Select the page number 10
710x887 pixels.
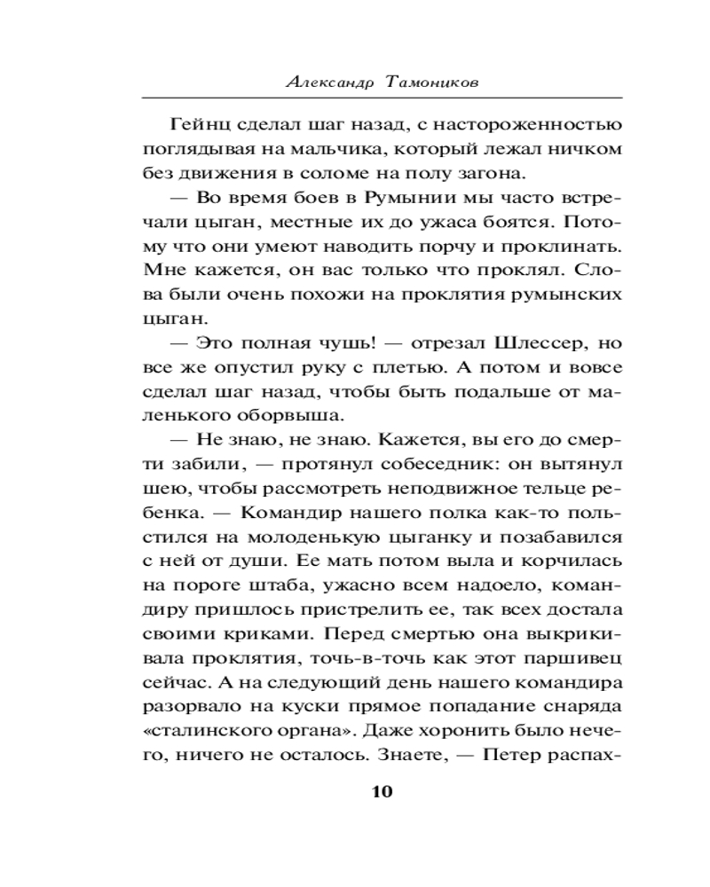pos(381,792)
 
